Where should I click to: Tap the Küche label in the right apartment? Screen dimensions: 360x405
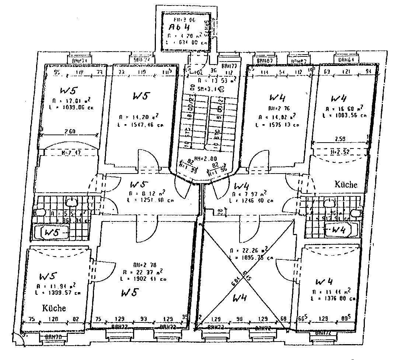345,185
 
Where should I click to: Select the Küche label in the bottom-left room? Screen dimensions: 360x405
54,308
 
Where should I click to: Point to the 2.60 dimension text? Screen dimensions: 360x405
70,132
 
